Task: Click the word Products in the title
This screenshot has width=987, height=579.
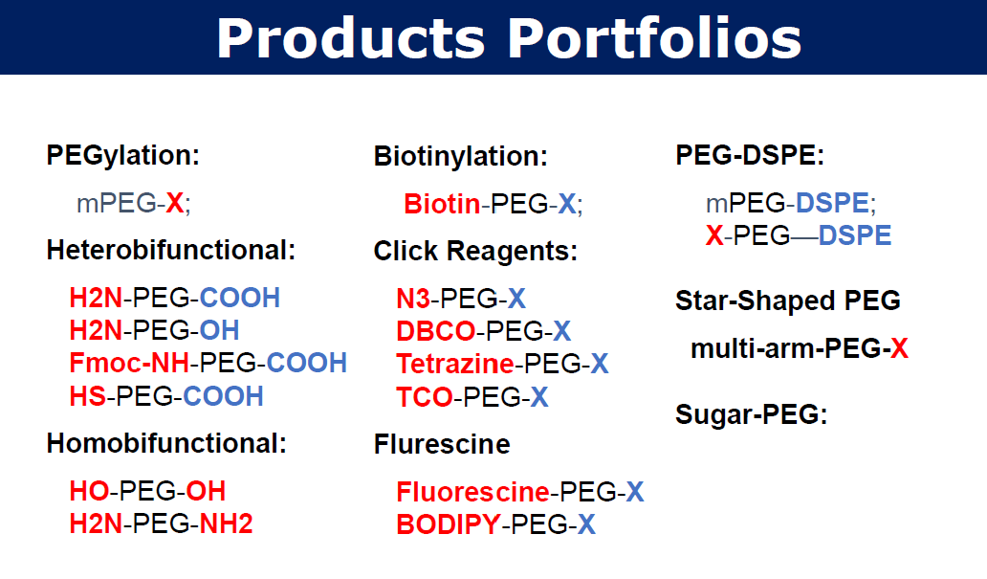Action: (x=351, y=38)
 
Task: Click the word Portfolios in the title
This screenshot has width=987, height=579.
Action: (x=654, y=38)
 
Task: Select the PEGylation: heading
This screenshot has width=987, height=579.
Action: (x=122, y=156)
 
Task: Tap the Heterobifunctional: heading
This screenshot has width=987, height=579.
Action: (x=171, y=250)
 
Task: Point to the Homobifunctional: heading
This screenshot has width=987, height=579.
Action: (x=166, y=443)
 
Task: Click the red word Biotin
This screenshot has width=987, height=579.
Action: (x=442, y=204)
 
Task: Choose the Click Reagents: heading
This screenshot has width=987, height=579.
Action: (x=475, y=252)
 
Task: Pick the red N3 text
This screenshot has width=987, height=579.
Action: (x=413, y=299)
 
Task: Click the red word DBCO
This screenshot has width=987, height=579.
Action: (x=435, y=331)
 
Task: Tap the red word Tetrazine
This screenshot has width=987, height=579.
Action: (x=455, y=365)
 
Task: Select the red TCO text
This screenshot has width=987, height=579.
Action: (x=425, y=397)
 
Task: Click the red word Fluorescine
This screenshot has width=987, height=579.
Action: (x=472, y=492)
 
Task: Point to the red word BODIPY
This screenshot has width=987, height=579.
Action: (x=449, y=524)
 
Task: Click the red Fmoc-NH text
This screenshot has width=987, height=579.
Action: (x=129, y=363)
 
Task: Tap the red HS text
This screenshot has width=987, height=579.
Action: (x=87, y=396)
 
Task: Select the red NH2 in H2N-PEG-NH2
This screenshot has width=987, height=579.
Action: (x=226, y=524)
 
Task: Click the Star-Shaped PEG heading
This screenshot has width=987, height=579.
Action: (x=787, y=301)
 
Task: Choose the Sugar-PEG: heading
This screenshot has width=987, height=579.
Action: (x=752, y=415)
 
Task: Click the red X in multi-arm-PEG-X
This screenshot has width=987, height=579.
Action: (x=900, y=348)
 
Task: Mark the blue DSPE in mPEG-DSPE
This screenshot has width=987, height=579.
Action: (x=832, y=203)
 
